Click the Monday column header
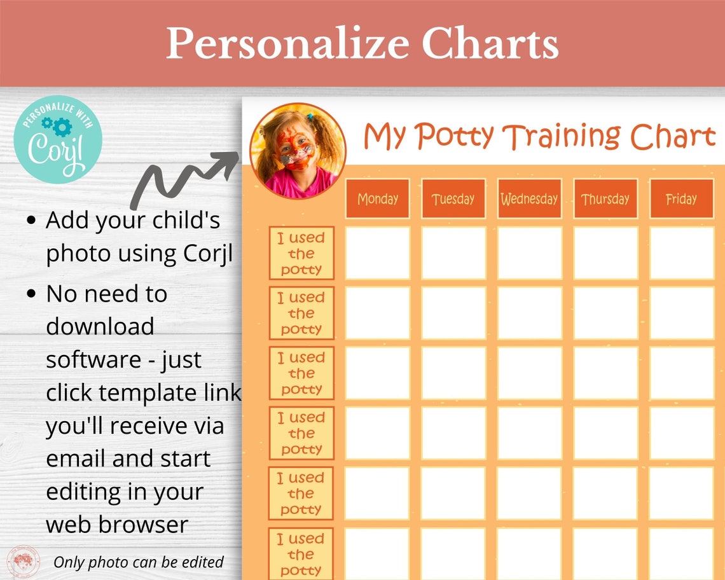tap(377, 199)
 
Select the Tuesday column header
tap(453, 199)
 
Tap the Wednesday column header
tap(529, 199)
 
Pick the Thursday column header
tap(605, 199)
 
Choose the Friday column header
tap(681, 199)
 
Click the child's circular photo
tap(298, 151)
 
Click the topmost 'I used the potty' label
tap(301, 253)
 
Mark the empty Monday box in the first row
tap(377, 253)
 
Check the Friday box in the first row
tap(681, 253)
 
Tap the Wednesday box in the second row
tap(529, 313)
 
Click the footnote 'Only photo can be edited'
tap(139, 562)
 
